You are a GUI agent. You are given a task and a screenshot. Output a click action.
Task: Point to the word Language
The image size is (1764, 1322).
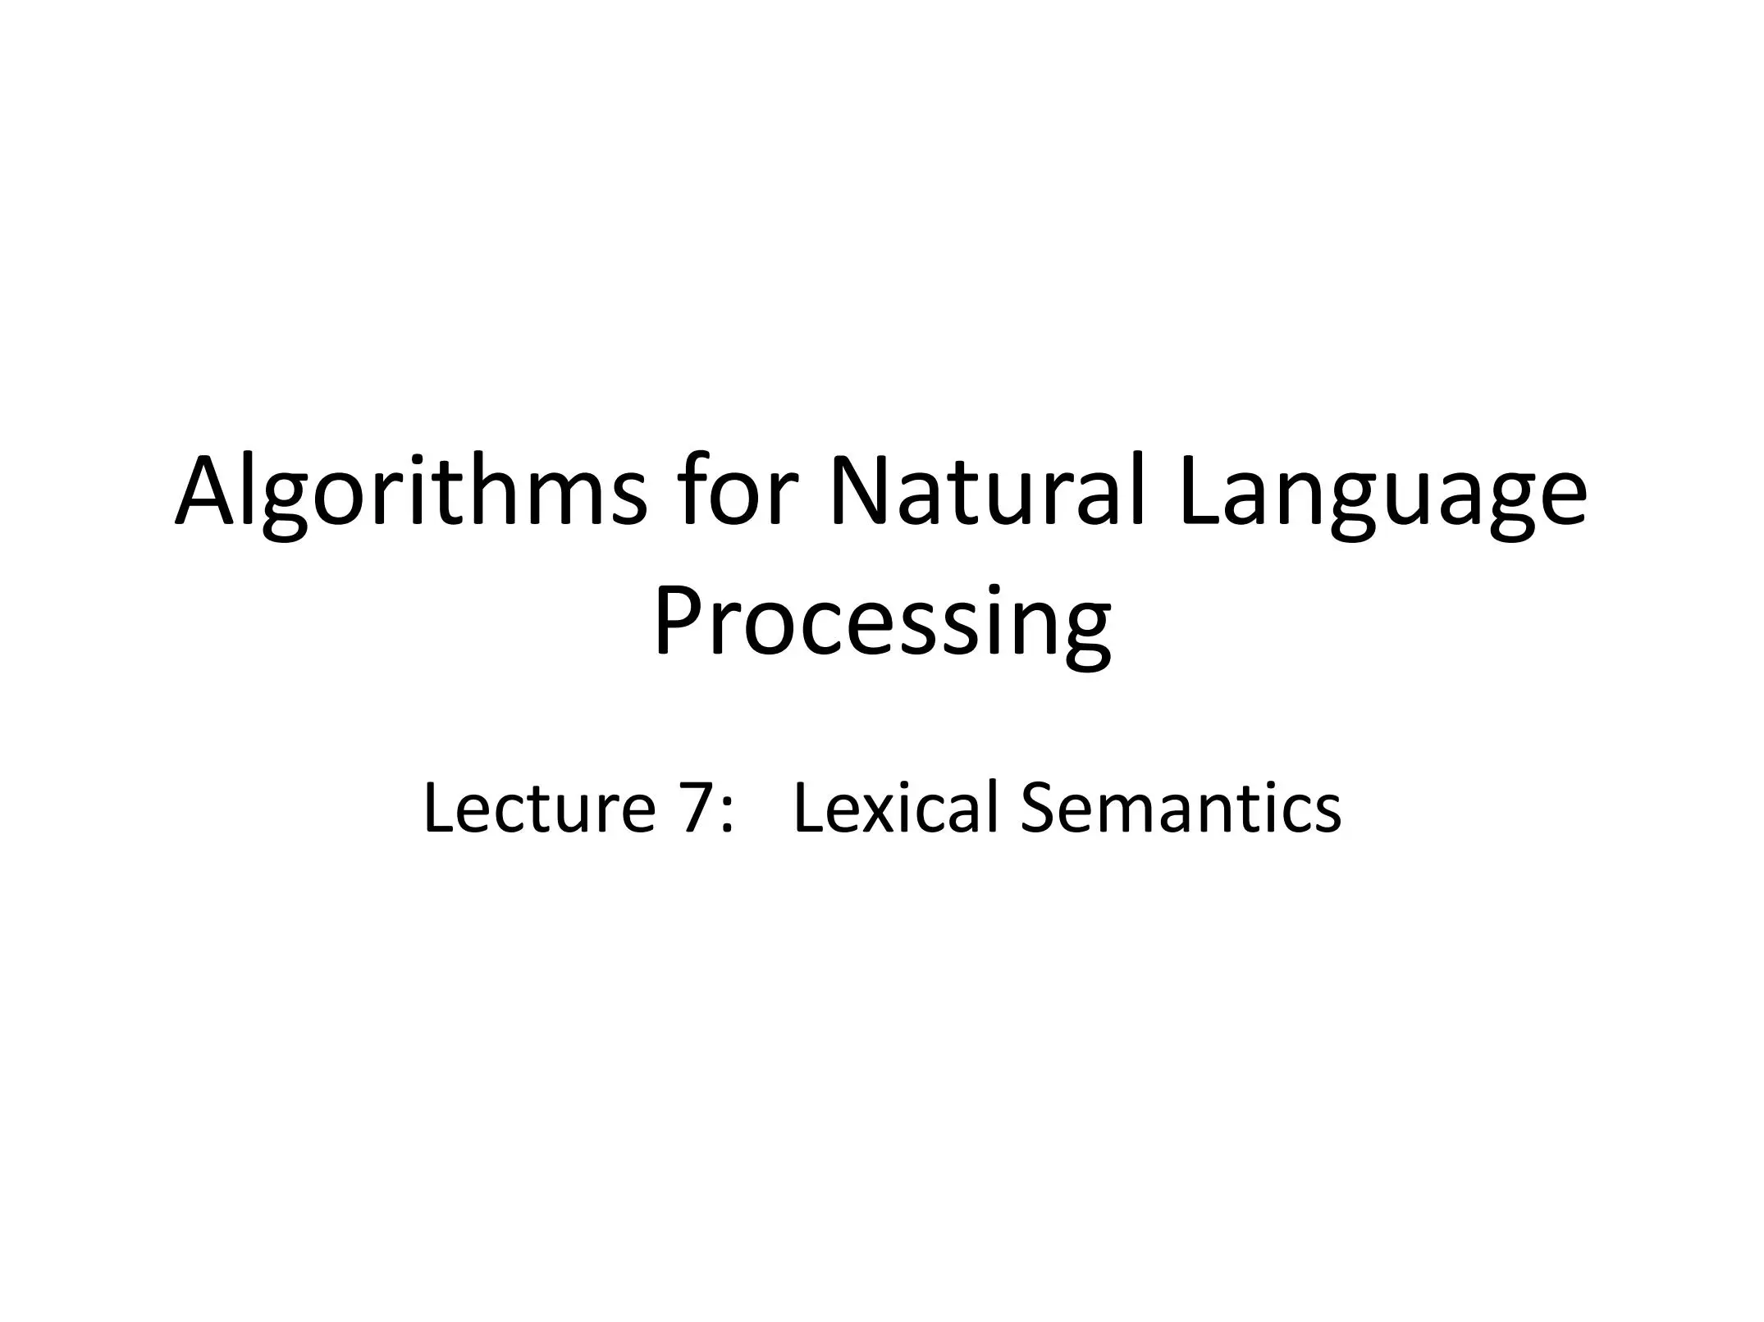(x=1383, y=497)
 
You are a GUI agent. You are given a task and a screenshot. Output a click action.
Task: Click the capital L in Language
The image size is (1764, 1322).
(x=1202, y=490)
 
